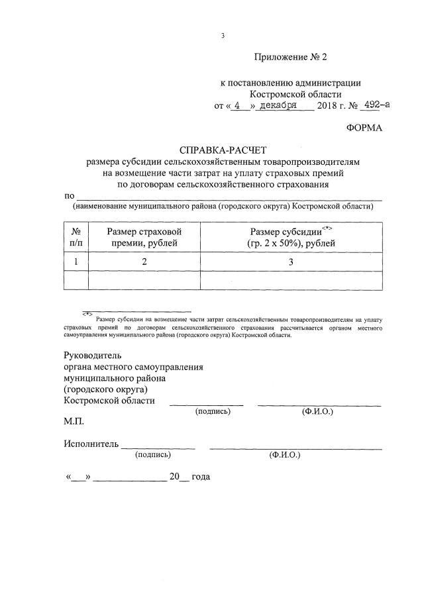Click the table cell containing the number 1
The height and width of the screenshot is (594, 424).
click(76, 262)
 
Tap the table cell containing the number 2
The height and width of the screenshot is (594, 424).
click(144, 262)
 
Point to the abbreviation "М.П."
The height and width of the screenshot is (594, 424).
click(74, 421)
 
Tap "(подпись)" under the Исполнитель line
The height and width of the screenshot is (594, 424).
click(152, 456)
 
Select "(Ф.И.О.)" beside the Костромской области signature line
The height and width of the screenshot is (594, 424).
click(317, 411)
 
